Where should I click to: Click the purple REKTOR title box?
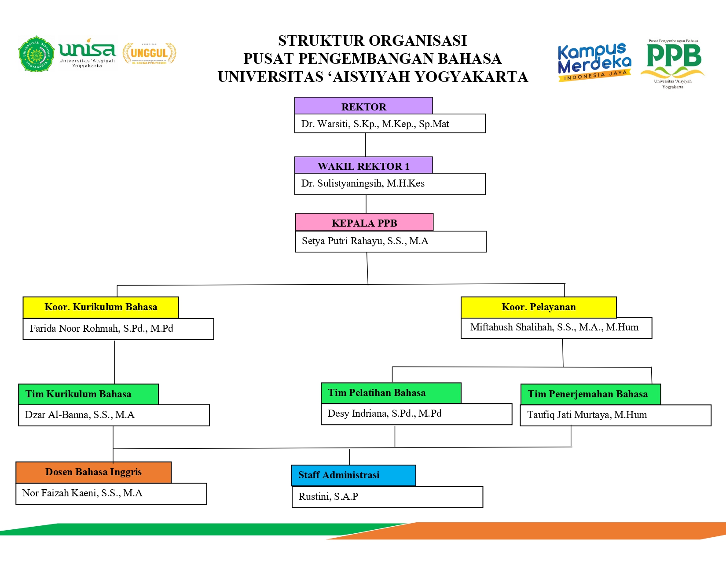[x=363, y=106]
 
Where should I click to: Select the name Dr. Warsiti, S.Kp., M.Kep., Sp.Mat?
[x=375, y=124]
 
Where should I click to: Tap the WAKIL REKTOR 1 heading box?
[x=363, y=165]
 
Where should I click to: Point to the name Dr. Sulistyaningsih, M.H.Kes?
[x=363, y=183]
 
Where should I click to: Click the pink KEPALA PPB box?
[x=364, y=223]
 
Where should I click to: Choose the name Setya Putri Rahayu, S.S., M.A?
[x=365, y=241]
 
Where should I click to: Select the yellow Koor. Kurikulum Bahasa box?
[x=101, y=307]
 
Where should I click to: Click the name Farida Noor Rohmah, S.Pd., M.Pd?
[x=101, y=329]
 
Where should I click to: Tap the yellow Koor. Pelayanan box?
[x=539, y=307]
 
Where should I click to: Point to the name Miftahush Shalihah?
[x=554, y=327]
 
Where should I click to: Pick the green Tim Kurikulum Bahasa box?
[x=88, y=394]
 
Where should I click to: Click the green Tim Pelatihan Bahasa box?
[x=391, y=393]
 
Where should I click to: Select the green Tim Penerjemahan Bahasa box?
[x=590, y=394]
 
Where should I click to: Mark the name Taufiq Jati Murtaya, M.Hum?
[x=587, y=415]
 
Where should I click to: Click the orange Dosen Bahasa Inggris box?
[x=93, y=472]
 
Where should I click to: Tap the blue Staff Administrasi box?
[x=353, y=475]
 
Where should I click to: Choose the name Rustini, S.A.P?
[x=328, y=497]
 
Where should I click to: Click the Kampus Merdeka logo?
[x=594, y=62]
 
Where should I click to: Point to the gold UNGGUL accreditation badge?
[x=149, y=54]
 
